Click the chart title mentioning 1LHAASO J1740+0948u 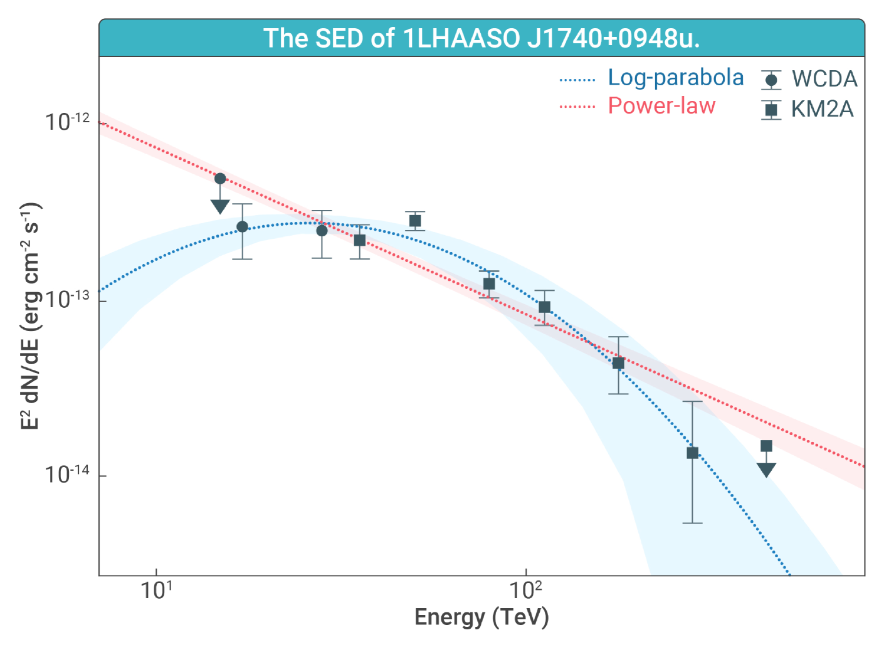[481, 38]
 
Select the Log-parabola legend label [675, 78]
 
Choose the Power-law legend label [661, 106]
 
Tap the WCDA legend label [824, 79]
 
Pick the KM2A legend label [822, 109]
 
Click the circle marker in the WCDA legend [771, 80]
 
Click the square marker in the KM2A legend [771, 110]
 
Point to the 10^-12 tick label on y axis [66, 121]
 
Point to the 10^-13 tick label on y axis [66, 299]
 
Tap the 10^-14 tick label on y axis [66, 475]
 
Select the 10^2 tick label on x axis [525, 590]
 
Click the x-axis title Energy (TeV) [481, 617]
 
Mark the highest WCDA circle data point [220, 179]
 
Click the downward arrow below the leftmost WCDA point [220, 206]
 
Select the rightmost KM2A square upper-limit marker [766, 446]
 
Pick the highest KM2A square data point [415, 221]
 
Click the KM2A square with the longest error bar [692, 453]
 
